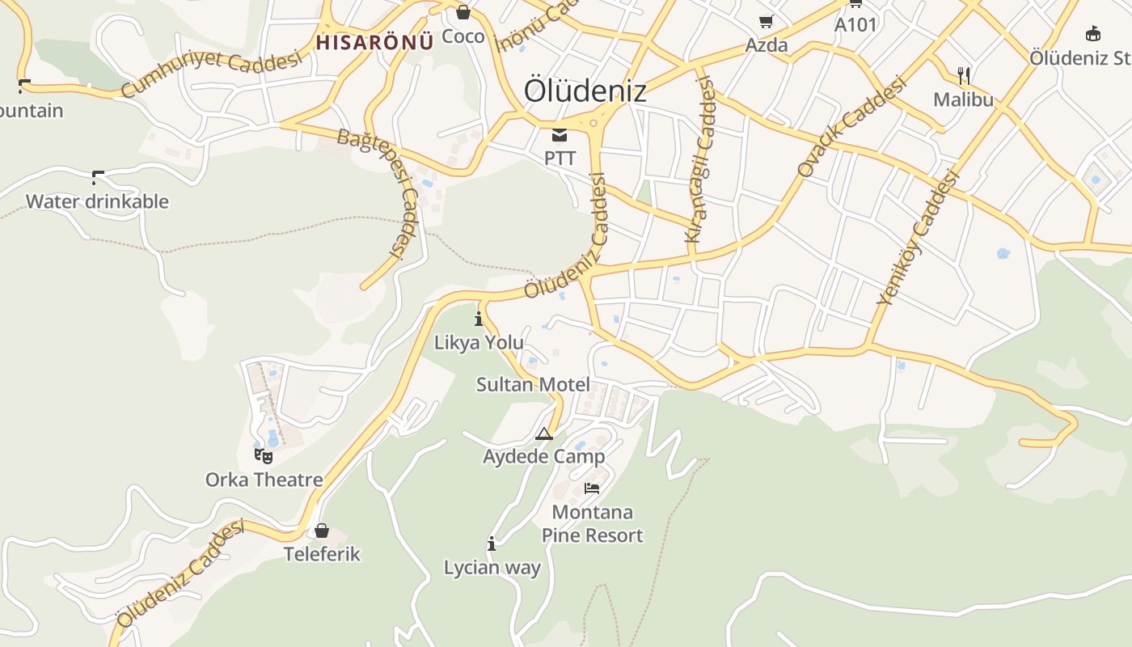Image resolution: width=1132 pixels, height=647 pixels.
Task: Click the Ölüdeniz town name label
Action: click(585, 90)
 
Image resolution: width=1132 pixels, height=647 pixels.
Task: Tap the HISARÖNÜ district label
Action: click(374, 42)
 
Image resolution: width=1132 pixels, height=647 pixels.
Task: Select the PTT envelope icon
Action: click(560, 134)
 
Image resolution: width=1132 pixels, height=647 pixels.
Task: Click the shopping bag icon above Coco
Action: click(463, 12)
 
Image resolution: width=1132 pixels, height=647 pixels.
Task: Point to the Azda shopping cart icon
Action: click(766, 21)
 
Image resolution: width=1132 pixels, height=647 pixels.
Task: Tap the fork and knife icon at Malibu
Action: click(963, 76)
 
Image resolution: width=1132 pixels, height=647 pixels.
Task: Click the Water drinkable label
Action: click(97, 201)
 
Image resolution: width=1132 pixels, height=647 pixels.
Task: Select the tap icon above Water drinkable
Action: click(98, 176)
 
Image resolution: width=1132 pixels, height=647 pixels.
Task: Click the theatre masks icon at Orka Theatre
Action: click(264, 456)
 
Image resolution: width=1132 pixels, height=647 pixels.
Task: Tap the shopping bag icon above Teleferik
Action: click(322, 531)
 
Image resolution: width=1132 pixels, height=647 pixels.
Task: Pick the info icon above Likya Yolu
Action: click(479, 318)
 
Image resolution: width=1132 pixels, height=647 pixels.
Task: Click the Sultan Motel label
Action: click(533, 384)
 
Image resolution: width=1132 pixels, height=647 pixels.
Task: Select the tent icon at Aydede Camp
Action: click(544, 434)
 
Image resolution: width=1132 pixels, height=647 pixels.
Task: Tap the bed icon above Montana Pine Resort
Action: click(592, 488)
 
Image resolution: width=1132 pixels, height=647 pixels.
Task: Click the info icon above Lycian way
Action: click(492, 543)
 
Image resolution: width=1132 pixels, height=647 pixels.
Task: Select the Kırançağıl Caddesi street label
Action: click(700, 159)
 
